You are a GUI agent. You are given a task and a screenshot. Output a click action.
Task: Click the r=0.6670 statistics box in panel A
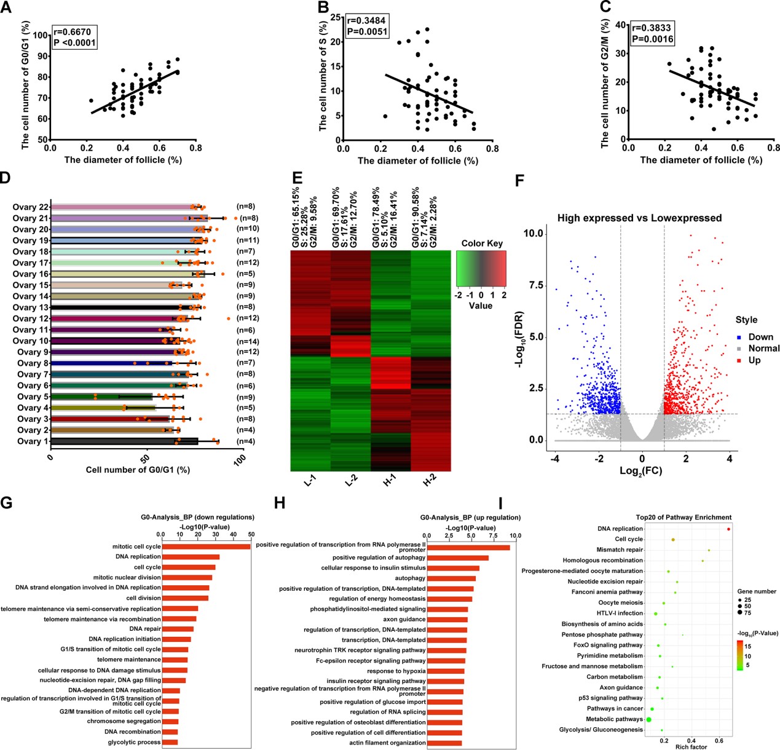74,37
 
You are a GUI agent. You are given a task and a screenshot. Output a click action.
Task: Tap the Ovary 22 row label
30,207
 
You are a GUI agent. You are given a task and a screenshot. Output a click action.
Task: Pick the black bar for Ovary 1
124,441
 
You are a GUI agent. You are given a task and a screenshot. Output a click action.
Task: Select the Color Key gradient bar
481,270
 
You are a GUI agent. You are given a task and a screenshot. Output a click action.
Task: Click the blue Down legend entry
755,337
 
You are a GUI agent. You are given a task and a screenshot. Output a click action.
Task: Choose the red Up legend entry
749,360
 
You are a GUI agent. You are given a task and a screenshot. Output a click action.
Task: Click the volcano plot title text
639,218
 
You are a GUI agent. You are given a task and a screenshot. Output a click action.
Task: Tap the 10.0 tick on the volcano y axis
533,234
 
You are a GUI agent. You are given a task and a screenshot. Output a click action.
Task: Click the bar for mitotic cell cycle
206,547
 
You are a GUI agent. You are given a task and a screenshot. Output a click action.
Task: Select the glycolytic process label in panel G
132,742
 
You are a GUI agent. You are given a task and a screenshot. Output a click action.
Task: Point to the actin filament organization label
387,743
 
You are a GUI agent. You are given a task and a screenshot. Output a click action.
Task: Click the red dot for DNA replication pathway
728,529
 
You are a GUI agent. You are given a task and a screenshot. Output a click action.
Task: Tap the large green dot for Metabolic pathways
649,719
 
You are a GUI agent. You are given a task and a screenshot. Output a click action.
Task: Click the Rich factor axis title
691,746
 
